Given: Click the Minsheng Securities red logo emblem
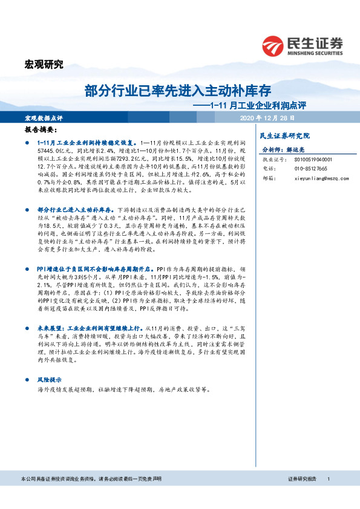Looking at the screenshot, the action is point(274,45).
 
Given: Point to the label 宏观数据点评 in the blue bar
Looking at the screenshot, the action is point(44,117).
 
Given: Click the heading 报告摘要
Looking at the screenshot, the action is point(41,129).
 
